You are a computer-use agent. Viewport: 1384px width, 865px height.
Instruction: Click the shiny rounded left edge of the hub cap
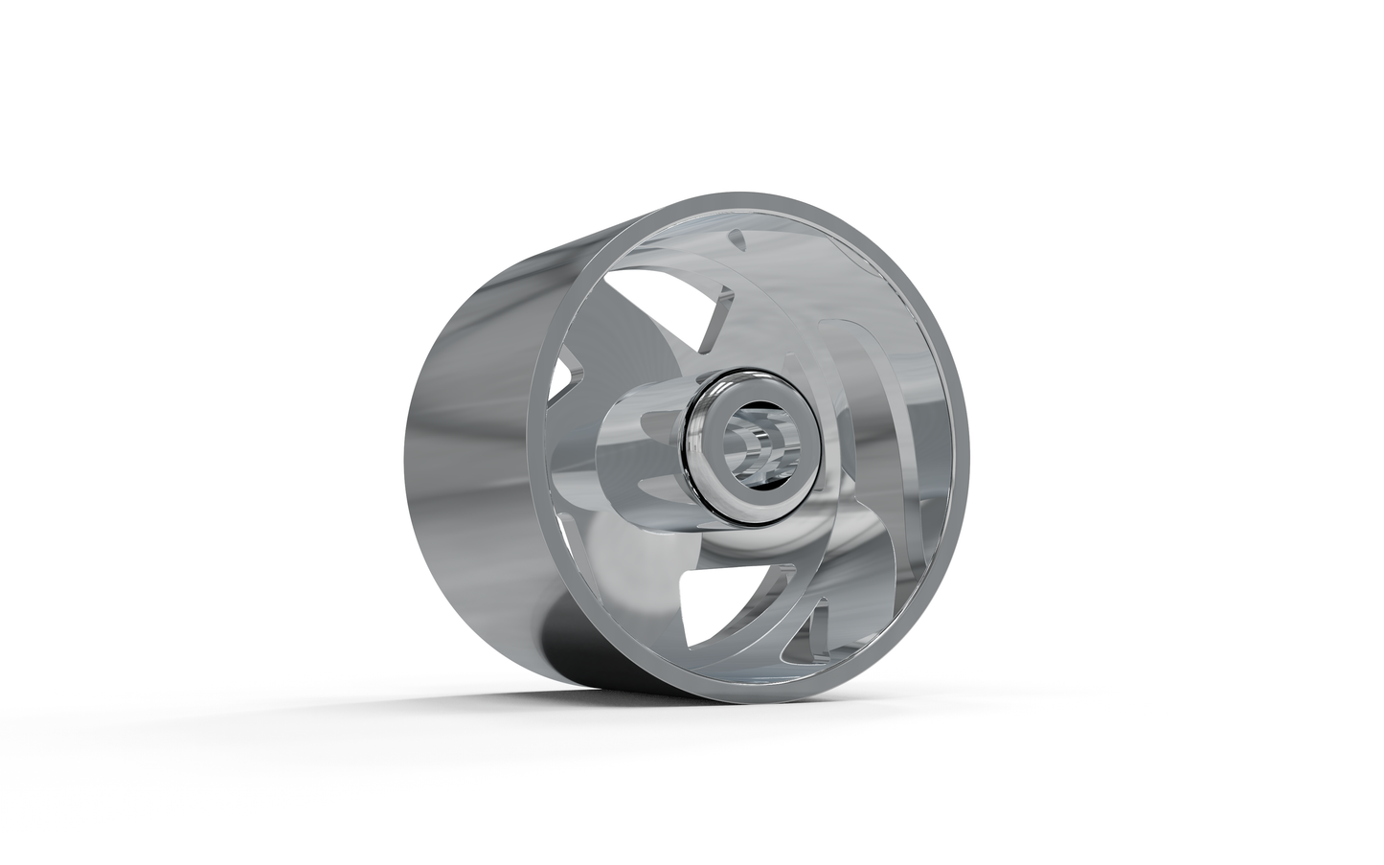(x=692, y=450)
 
